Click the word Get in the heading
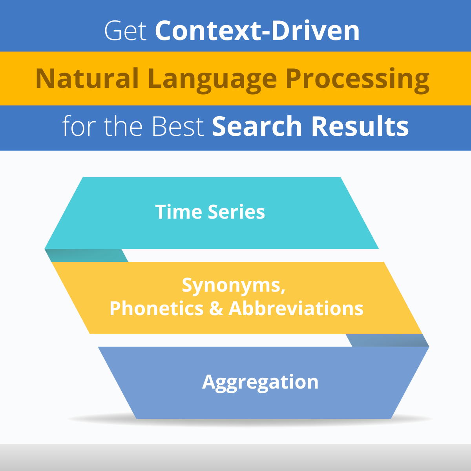tap(126, 31)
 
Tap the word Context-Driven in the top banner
tap(257, 31)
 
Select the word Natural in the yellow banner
tap(87, 78)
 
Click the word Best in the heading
tap(178, 126)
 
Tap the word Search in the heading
tap(257, 126)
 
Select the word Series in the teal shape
tap(236, 212)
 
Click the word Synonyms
tap(234, 286)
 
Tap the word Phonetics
tap(156, 309)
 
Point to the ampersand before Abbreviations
tap(216, 309)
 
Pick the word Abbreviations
tap(296, 309)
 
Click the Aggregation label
tap(260, 382)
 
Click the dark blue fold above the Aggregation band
tap(387, 340)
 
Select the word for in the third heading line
tap(78, 126)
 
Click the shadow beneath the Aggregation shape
tap(251, 422)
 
